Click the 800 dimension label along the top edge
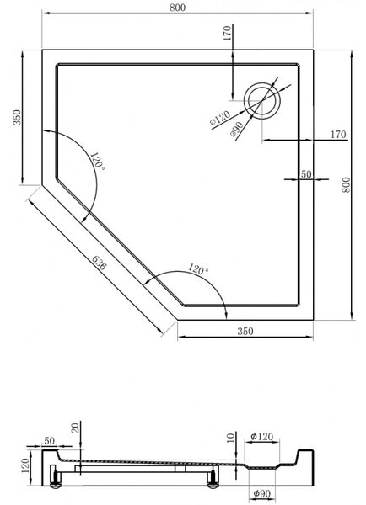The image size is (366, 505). coord(177,8)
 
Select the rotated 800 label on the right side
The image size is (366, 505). coord(346,185)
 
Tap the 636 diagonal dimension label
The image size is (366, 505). coord(99,263)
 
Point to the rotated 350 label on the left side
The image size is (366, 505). coord(17,118)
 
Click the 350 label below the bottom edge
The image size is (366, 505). coord(245,331)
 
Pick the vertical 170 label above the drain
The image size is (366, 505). coord(228,33)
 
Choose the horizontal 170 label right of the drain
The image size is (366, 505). coord(338,135)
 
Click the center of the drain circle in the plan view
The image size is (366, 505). coord(261,100)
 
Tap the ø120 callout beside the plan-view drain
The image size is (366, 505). coord(220,118)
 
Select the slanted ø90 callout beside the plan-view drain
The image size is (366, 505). coord(237,130)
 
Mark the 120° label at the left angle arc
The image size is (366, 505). coord(98,162)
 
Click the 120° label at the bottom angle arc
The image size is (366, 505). coord(197,268)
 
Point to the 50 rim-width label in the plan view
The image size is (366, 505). coord(306,174)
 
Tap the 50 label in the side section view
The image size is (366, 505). coord(49,440)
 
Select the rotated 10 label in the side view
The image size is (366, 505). coord(230,438)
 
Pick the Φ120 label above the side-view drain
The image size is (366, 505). coord(261,437)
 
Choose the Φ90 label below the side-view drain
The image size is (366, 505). coord(261,493)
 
